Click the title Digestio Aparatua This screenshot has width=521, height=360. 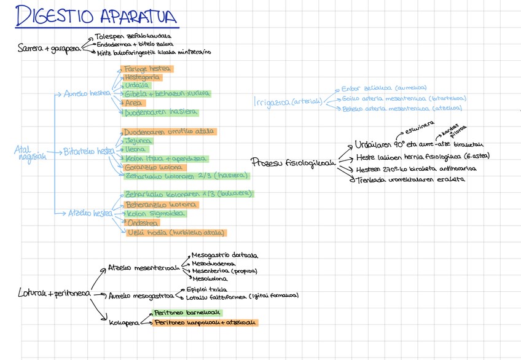click(x=96, y=17)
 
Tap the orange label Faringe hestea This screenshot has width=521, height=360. click(x=147, y=69)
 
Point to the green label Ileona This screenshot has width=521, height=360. click(x=135, y=149)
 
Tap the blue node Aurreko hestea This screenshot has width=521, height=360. click(x=87, y=94)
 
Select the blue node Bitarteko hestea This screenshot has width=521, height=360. click(x=89, y=151)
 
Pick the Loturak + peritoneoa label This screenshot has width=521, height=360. click(x=54, y=294)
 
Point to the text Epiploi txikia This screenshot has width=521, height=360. click(x=206, y=289)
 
